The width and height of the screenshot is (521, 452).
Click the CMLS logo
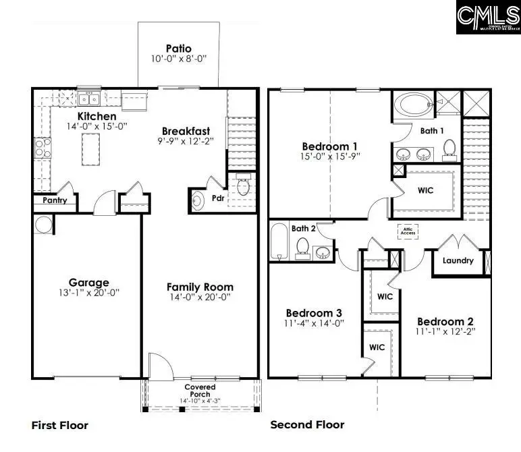[488, 18]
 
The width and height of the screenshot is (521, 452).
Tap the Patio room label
[179, 49]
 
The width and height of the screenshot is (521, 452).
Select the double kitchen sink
[89, 100]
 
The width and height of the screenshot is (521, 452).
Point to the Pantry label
[55, 200]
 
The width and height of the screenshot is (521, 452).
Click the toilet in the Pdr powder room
[243, 184]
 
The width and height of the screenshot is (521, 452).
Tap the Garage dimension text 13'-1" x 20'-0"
[89, 293]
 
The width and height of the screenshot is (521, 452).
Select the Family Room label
[200, 287]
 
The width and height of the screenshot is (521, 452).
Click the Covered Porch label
[200, 391]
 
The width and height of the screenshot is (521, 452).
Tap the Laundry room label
[458, 260]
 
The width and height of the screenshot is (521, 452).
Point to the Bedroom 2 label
[445, 321]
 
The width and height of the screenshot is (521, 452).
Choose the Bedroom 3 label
[314, 312]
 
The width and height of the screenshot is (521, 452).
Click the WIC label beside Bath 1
[425, 190]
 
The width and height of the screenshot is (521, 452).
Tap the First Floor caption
[59, 425]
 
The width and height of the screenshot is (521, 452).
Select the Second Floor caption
[307, 424]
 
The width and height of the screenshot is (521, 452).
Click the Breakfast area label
[186, 131]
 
